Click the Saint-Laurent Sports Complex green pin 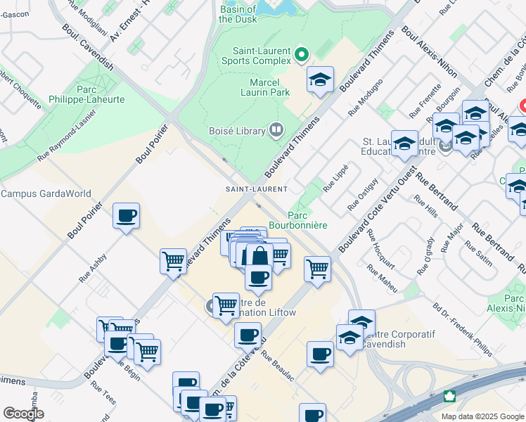(302, 53)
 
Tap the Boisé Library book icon (276, 129)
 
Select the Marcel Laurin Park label (260, 87)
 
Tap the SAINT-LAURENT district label (256, 189)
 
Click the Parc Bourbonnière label (308, 220)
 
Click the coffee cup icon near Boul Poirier (126, 215)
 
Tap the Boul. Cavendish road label (86, 49)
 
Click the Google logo (23, 414)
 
